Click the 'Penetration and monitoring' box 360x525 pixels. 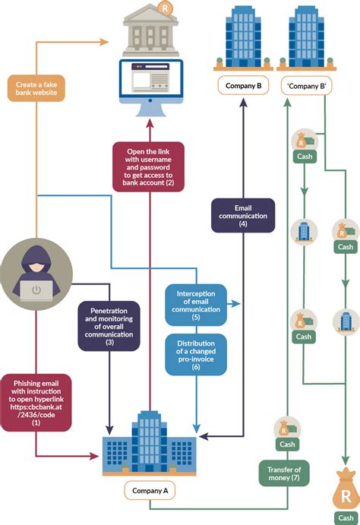click(109, 326)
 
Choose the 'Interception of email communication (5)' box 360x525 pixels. click(195, 304)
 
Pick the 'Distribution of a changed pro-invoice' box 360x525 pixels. click(195, 353)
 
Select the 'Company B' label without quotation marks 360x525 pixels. click(243, 86)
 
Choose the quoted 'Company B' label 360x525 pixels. click(306, 86)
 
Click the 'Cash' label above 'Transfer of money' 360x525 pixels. click(288, 444)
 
